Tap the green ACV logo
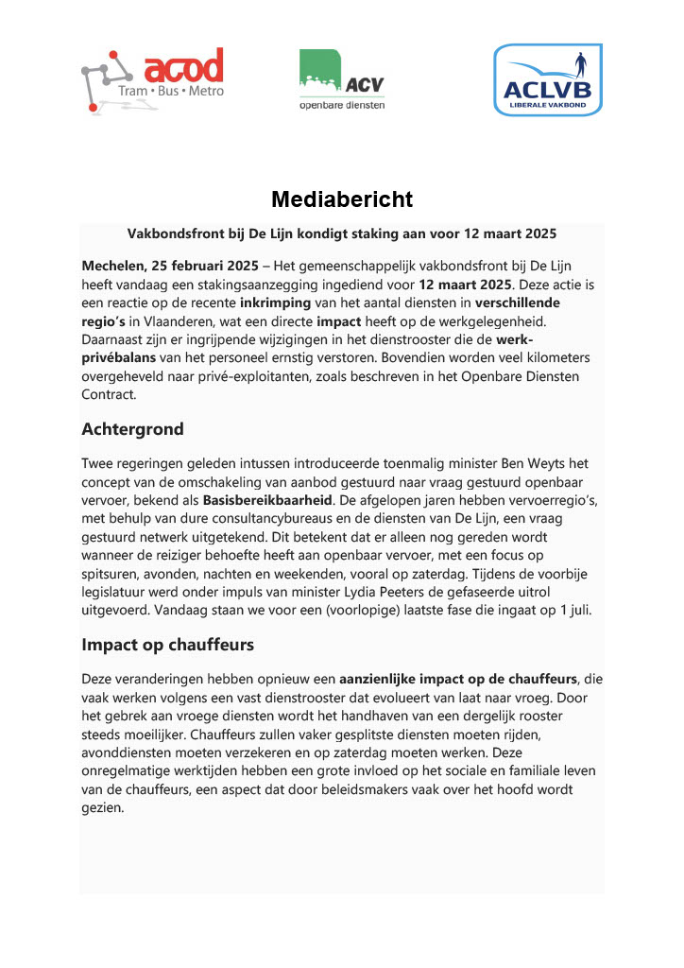tap(341, 79)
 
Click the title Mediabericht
tap(342, 199)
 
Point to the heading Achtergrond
tap(132, 428)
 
